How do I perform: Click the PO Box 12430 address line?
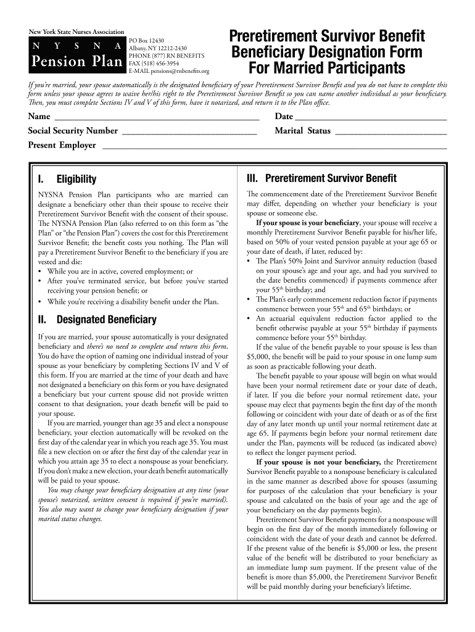point(146,40)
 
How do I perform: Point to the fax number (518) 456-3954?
point(154,63)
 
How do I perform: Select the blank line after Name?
point(157,117)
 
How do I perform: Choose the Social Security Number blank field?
point(190,131)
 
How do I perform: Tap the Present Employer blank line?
point(274,146)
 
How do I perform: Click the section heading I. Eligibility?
point(67,180)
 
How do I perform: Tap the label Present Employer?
point(62,146)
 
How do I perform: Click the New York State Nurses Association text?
point(76,32)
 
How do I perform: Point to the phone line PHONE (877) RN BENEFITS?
point(166,56)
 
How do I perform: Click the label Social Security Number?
point(73,131)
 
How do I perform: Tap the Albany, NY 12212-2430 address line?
point(157,48)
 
